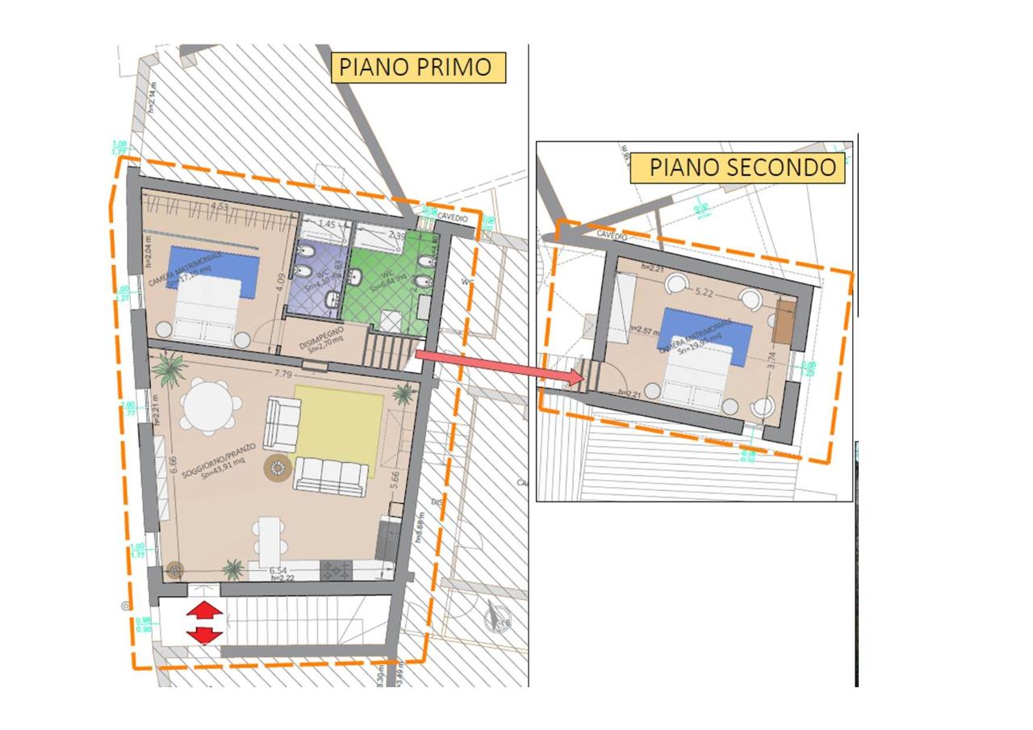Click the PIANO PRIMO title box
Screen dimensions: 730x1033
click(418, 67)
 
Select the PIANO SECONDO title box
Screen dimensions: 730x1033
click(742, 167)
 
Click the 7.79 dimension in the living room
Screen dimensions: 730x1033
click(282, 374)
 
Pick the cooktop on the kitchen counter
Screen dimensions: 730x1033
click(336, 570)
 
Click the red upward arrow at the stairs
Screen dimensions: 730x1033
click(205, 610)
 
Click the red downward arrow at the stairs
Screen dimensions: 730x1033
click(205, 636)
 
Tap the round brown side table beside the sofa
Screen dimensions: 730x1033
click(278, 468)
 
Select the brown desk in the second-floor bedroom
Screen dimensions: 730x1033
click(783, 321)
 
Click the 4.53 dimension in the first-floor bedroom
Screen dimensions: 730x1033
click(218, 207)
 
